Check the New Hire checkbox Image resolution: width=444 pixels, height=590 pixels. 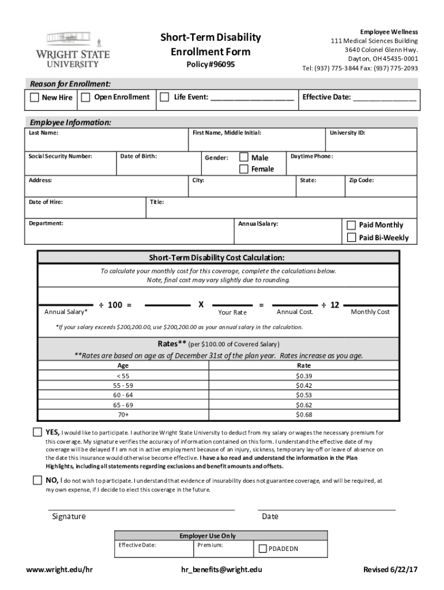[x=35, y=97]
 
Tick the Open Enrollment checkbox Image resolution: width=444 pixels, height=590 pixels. [x=86, y=97]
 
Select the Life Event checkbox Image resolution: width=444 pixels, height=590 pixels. [x=165, y=97]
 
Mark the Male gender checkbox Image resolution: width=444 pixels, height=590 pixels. [x=244, y=157]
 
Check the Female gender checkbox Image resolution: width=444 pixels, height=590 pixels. [x=244, y=169]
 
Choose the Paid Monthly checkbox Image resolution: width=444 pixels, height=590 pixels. [x=351, y=225]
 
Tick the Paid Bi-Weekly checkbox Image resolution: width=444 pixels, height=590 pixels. [x=351, y=237]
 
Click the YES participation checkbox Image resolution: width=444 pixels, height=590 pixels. [x=37, y=433]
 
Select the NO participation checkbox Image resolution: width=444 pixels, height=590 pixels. [x=37, y=481]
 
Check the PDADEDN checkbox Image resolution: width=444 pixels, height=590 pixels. [x=263, y=549]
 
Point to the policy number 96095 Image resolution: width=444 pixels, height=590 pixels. [x=210, y=65]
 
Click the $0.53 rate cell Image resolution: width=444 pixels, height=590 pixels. [x=303, y=395]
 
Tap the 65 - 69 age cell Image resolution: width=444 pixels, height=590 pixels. [x=123, y=404]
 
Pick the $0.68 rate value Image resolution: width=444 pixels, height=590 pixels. [x=303, y=414]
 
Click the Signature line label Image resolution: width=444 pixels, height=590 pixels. [x=69, y=516]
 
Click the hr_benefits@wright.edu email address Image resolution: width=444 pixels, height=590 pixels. [x=221, y=569]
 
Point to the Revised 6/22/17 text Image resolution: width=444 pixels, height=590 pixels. [x=390, y=569]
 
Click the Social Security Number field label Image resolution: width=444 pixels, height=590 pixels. [x=61, y=156]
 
